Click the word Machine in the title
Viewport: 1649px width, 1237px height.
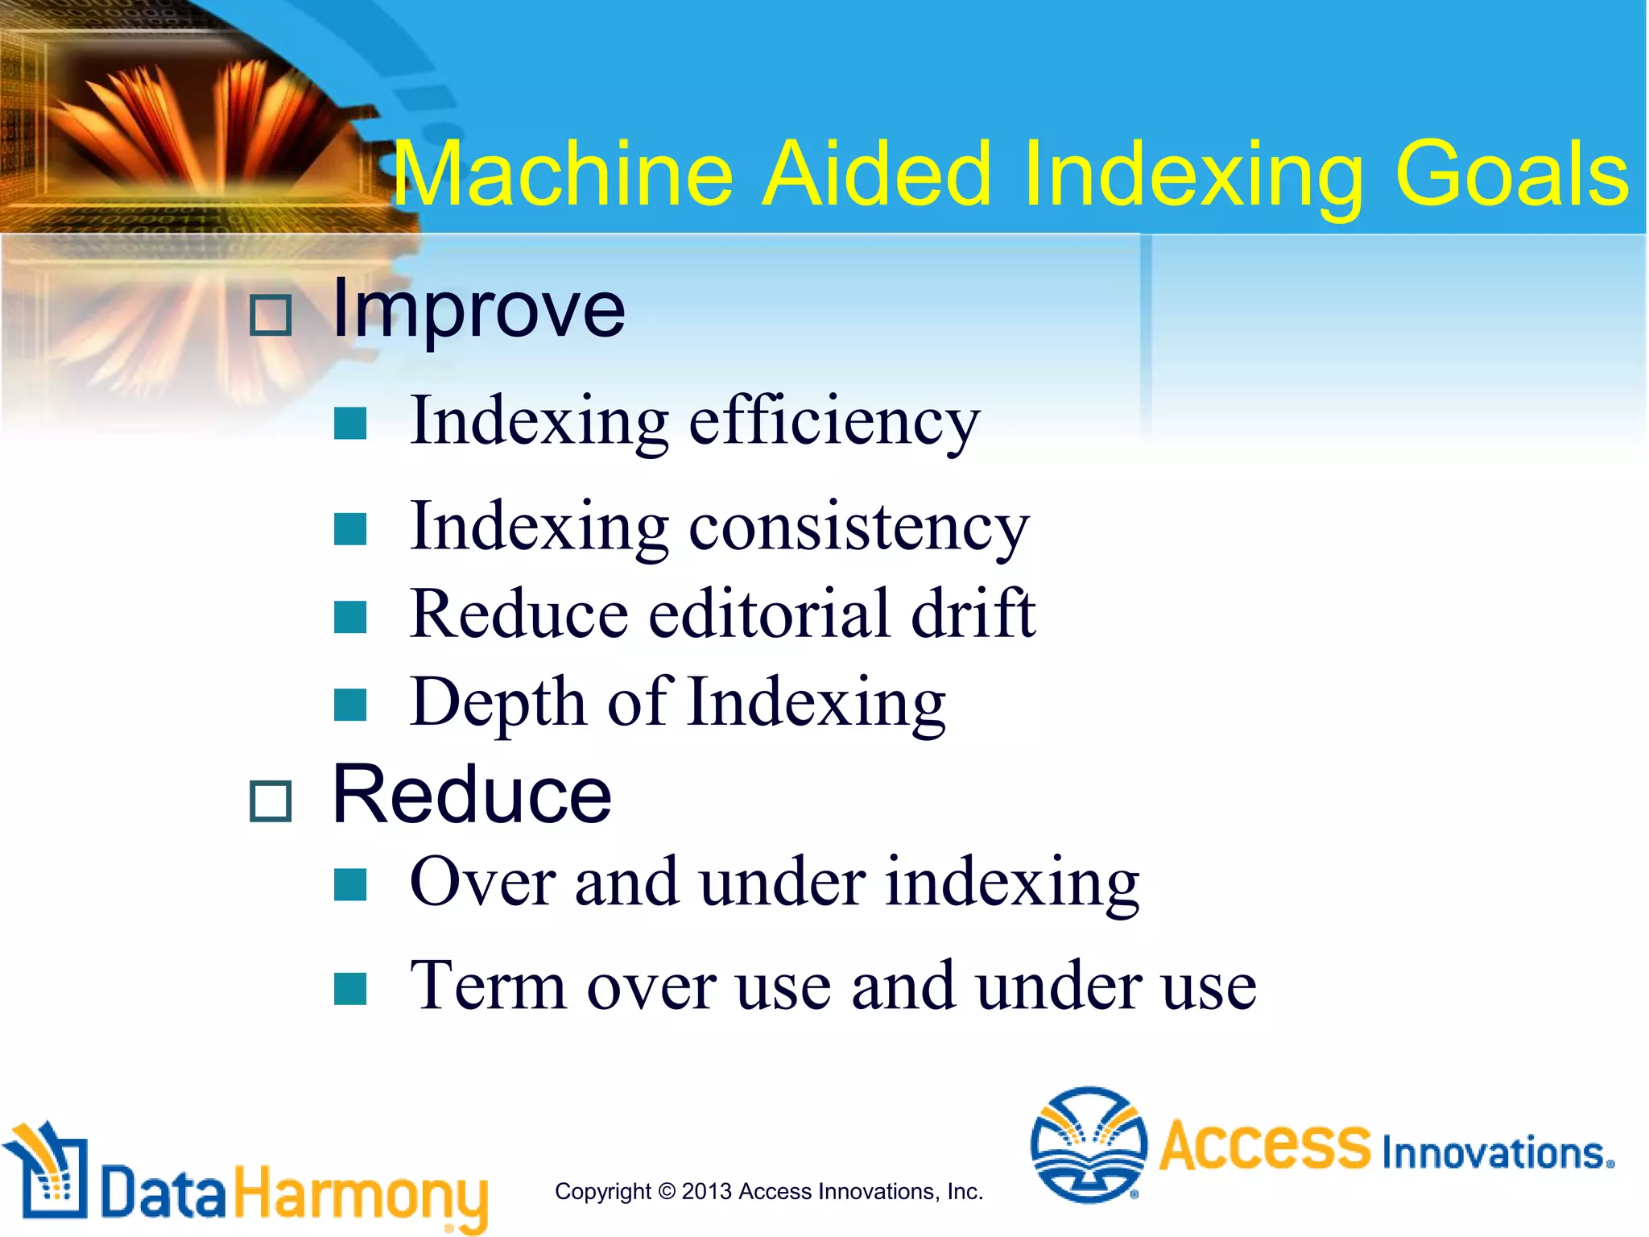pyautogui.click(x=563, y=174)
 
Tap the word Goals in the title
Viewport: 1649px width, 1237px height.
pyautogui.click(x=1511, y=174)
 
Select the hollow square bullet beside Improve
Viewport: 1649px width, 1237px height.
pyautogui.click(x=270, y=315)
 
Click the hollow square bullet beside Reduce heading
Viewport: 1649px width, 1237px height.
pyautogui.click(x=270, y=801)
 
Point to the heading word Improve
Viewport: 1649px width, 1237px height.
pyautogui.click(x=478, y=311)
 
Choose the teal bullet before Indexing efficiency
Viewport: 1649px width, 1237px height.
pyautogui.click(x=350, y=424)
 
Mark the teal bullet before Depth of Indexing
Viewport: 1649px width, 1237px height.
pyautogui.click(x=350, y=705)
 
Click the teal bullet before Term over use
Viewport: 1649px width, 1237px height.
pyautogui.click(x=350, y=989)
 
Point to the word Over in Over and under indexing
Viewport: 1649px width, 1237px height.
pyautogui.click(x=482, y=883)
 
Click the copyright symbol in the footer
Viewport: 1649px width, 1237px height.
pyautogui.click(x=667, y=1191)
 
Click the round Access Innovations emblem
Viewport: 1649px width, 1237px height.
pyautogui.click(x=1089, y=1144)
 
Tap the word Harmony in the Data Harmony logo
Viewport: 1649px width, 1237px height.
pyautogui.click(x=361, y=1194)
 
